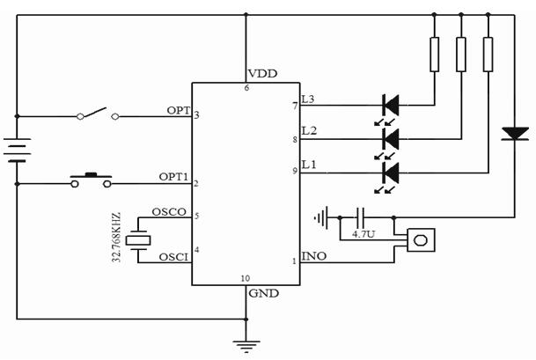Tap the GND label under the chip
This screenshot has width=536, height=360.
click(264, 293)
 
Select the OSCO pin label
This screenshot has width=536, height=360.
click(168, 212)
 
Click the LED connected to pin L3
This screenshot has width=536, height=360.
click(390, 106)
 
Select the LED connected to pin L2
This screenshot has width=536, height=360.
click(390, 138)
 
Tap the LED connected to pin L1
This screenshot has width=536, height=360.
click(390, 171)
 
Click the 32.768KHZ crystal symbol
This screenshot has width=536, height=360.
click(138, 238)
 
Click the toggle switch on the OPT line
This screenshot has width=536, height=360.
click(97, 114)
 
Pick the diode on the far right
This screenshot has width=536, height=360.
click(514, 134)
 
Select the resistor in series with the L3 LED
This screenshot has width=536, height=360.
click(434, 54)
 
